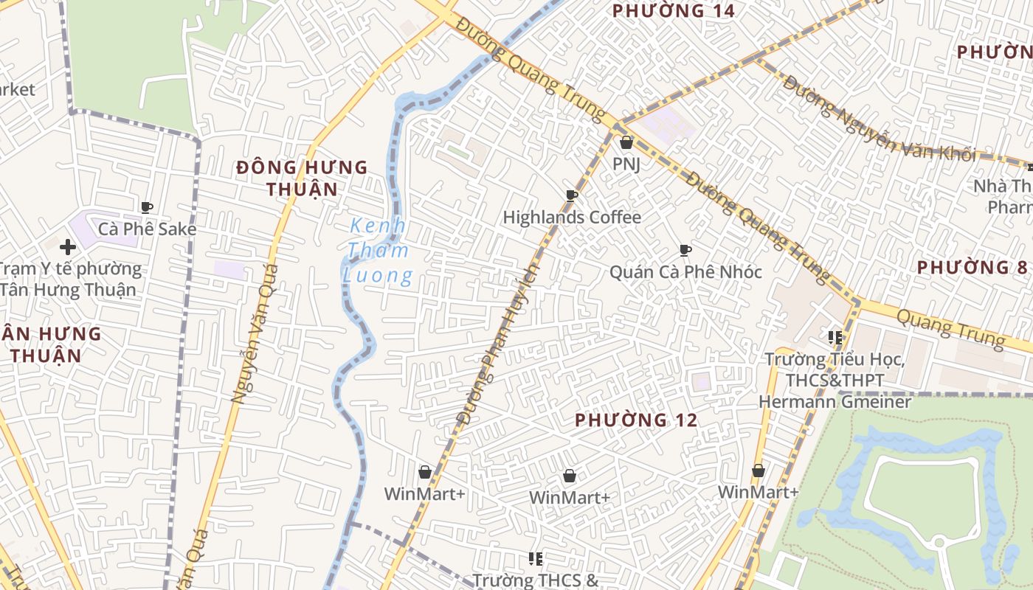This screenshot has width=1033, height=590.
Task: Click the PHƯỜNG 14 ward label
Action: pos(674,11)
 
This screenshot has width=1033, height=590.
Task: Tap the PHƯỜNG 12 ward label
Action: pos(635,420)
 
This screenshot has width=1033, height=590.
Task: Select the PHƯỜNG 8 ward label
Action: pos(972,267)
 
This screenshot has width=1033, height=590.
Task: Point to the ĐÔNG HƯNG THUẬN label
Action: pos(302,178)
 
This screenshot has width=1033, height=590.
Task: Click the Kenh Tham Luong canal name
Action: pos(379,251)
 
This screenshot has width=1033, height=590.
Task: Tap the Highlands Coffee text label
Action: pos(572,218)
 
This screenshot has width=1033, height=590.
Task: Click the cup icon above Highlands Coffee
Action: pos(571,195)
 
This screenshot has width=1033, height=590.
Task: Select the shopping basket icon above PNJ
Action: pos(626,142)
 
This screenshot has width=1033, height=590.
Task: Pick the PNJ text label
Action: pos(626,164)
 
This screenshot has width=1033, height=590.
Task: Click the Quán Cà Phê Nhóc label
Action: pos(685,272)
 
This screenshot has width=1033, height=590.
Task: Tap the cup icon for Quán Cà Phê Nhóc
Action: pos(685,251)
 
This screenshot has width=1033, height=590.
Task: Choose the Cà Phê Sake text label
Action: pos(148,229)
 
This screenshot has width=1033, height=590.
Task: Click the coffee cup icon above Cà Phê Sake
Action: pos(147,207)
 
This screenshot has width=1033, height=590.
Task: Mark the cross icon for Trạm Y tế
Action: pos(68,246)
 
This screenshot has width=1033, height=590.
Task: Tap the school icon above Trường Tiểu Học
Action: pos(835,338)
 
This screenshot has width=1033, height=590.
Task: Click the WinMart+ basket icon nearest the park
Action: pos(758,471)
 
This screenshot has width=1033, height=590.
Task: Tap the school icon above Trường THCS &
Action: pos(536,559)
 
